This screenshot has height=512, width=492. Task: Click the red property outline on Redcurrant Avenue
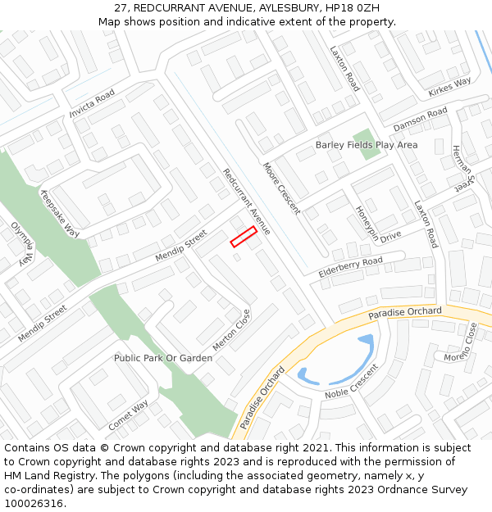coord(244,236)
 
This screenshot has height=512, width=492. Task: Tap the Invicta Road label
coord(93,106)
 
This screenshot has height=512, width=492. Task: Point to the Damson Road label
coord(420,120)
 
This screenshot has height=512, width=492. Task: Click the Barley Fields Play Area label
coord(367,145)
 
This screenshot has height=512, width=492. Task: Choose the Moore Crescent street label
coord(281,188)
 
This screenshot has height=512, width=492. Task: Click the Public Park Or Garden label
coord(163,358)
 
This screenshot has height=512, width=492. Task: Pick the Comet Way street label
coord(128,415)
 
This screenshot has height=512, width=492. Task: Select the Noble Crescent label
coord(352,382)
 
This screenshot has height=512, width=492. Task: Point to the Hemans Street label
coord(462,169)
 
